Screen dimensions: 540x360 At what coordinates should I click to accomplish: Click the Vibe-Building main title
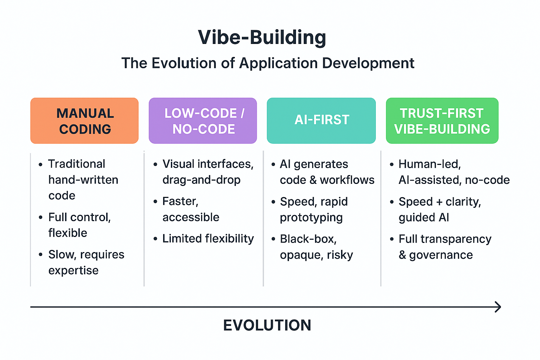click(x=262, y=37)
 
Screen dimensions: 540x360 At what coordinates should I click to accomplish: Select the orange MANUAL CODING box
click(x=84, y=121)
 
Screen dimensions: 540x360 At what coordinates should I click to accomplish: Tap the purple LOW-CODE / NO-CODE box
click(x=203, y=121)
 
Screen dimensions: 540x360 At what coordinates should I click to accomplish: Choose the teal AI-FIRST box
click(x=321, y=120)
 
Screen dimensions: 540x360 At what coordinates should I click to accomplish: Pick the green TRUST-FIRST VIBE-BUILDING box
click(x=442, y=121)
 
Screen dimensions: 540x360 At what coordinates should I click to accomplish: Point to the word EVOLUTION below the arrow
click(x=267, y=325)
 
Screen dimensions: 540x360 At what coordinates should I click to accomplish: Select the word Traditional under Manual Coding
click(x=77, y=164)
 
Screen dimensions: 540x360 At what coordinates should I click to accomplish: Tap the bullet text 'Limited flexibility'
click(x=208, y=239)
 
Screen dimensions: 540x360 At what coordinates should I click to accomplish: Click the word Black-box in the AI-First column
click(x=308, y=239)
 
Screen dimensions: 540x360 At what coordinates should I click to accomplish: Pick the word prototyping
click(x=311, y=218)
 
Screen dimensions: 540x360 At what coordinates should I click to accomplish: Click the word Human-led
click(x=429, y=164)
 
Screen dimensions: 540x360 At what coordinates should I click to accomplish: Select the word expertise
click(x=73, y=271)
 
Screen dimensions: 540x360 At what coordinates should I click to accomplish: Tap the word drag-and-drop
click(x=201, y=180)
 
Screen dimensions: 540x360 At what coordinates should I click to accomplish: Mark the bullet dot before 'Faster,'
click(x=155, y=202)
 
